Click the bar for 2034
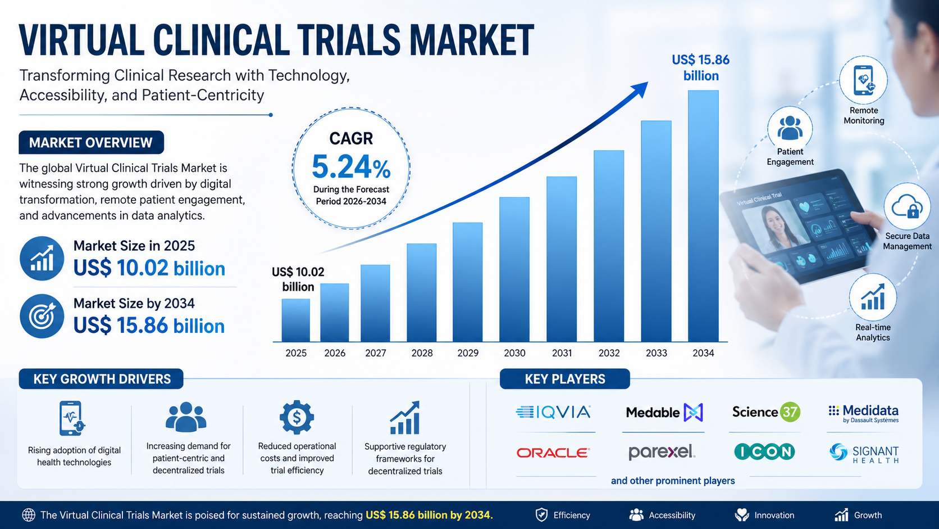[x=703, y=216]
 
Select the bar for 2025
[x=295, y=320]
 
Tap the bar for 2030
[x=514, y=269]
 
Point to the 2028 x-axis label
[x=422, y=353]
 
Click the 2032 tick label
[x=609, y=353]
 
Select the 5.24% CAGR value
[x=351, y=167]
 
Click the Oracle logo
[x=553, y=453]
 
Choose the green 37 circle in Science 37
[x=790, y=412]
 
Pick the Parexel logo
[x=662, y=451]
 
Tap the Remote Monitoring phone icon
[x=863, y=80]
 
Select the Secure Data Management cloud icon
[x=907, y=207]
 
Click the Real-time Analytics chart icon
[x=873, y=297]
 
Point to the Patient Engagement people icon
[x=790, y=128]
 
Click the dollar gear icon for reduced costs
[x=297, y=417]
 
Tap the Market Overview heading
[x=91, y=143]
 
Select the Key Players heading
[x=565, y=379]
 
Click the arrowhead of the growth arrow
[x=640, y=89]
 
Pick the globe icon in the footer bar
[x=28, y=515]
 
